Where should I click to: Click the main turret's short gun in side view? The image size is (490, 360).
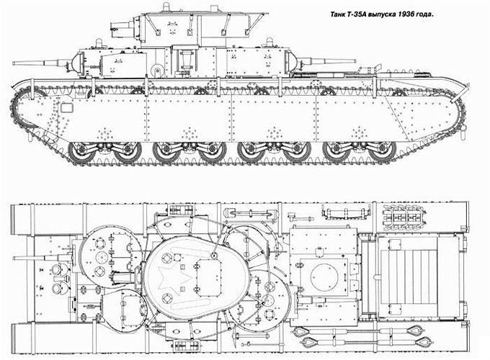(x=122, y=28)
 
